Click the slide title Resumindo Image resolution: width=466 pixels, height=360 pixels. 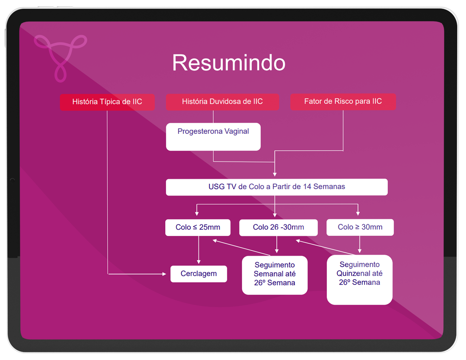pyautogui.click(x=229, y=63)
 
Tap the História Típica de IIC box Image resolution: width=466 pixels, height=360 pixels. pyautogui.click(x=107, y=102)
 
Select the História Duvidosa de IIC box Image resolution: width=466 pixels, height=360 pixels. pyautogui.click(x=222, y=102)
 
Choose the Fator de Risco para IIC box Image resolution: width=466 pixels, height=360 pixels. pyautogui.click(x=343, y=101)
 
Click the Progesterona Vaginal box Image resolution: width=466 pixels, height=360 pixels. pyautogui.click(x=213, y=137)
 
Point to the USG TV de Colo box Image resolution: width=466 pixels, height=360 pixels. pyautogui.click(x=277, y=187)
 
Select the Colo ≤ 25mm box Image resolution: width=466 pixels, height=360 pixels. pyautogui.click(x=198, y=227)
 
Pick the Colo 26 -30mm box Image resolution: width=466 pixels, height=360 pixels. pyautogui.click(x=278, y=227)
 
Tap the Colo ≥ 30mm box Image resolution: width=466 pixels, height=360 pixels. pyautogui.click(x=360, y=227)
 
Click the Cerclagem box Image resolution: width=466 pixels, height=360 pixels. pyautogui.click(x=198, y=274)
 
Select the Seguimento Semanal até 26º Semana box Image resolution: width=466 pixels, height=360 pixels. pyautogui.click(x=275, y=275)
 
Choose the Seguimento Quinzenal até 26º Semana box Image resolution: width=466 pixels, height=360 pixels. pyautogui.click(x=360, y=279)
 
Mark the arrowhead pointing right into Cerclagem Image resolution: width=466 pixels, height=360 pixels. pyautogui.click(x=164, y=274)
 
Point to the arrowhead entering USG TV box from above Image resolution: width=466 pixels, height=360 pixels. pyautogui.click(x=275, y=174)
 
